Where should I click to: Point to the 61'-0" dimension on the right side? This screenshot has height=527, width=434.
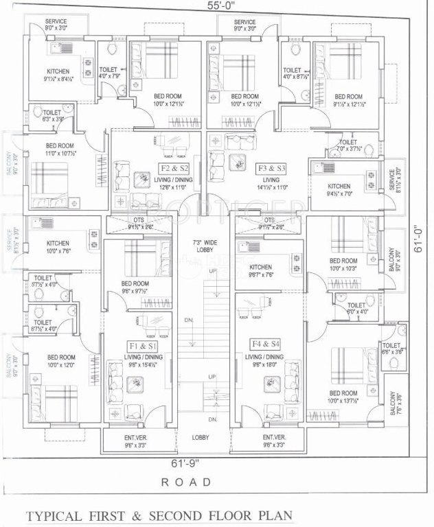[x=419, y=242]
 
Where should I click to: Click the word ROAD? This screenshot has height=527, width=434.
[x=186, y=482]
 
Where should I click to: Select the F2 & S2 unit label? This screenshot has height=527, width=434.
[x=173, y=167]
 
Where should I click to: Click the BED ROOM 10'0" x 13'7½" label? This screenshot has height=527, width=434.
[x=343, y=396]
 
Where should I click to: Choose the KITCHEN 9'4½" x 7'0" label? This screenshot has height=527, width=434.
[x=339, y=190]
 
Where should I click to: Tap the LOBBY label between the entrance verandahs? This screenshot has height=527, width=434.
[x=201, y=437]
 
